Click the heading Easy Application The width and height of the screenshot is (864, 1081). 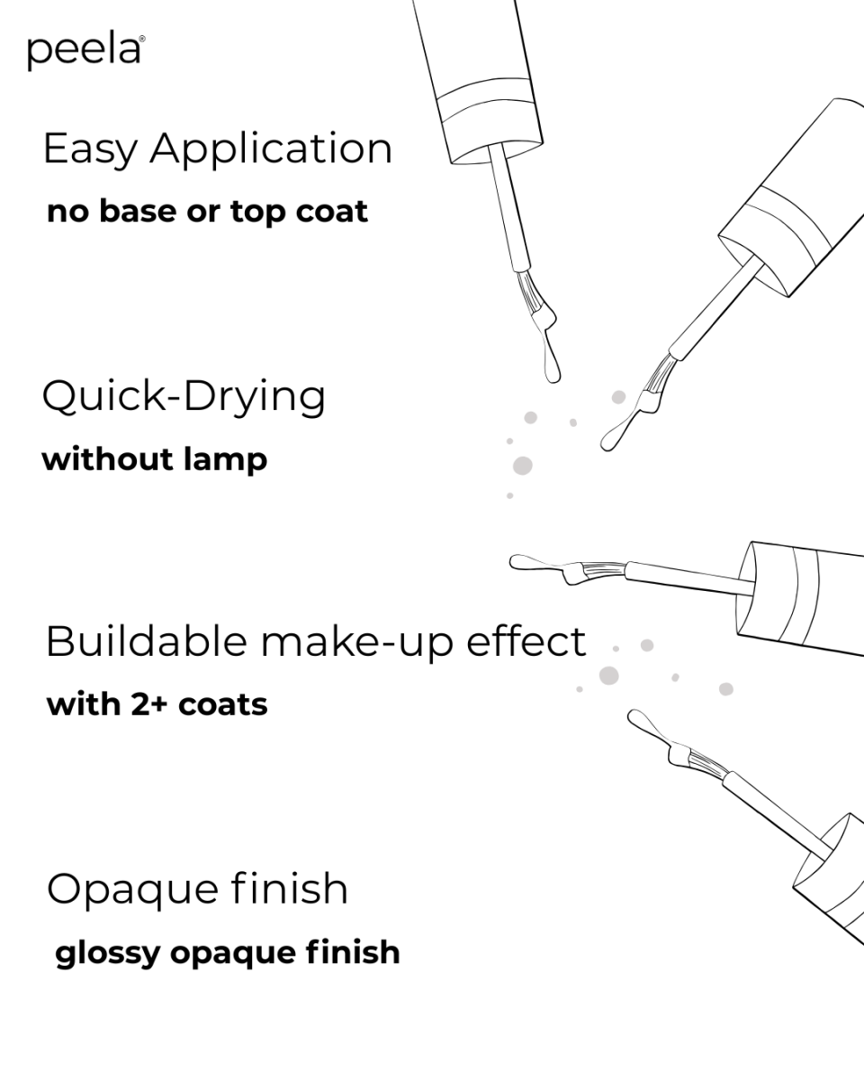pyautogui.click(x=217, y=149)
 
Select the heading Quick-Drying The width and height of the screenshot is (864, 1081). pyautogui.click(x=184, y=397)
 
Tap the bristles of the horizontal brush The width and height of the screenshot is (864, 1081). pyautogui.click(x=598, y=569)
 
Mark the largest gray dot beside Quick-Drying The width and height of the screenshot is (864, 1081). pyautogui.click(x=522, y=466)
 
